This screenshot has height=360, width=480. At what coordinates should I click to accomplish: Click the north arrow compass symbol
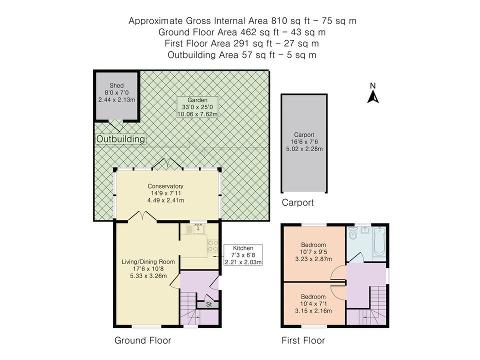(373, 93)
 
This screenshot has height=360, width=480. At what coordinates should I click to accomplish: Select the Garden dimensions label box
(197, 107)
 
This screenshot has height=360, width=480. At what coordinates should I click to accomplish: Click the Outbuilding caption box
(120, 139)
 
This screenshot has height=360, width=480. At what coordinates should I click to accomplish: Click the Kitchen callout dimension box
(243, 254)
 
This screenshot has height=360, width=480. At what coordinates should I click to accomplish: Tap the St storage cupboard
(208, 304)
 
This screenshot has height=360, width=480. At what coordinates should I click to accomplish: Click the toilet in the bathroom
(353, 233)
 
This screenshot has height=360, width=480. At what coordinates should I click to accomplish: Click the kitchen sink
(198, 228)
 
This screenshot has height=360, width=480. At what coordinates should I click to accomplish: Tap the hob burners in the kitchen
(212, 245)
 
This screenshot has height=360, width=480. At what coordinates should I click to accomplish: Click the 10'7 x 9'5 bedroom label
(313, 252)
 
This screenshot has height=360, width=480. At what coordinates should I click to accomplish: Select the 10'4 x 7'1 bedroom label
(313, 304)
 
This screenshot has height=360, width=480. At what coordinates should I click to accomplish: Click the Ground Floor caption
(142, 340)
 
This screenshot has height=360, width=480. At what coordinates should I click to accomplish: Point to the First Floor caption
(303, 340)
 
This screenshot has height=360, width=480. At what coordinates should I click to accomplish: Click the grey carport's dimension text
(304, 145)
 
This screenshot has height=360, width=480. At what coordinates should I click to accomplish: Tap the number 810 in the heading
(279, 21)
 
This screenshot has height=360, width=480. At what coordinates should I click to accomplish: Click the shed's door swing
(116, 125)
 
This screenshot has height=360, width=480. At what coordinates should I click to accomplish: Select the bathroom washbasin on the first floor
(365, 230)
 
